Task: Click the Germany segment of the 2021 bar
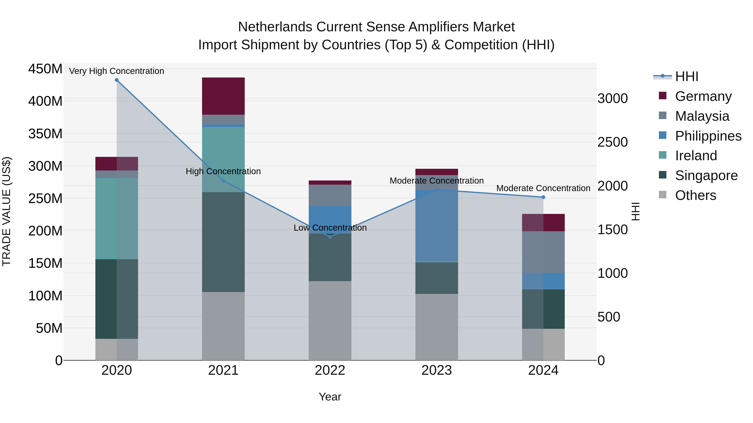pos(223,96)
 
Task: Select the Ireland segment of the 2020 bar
pos(117,218)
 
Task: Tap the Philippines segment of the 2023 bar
pos(437,226)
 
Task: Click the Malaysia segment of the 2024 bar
pos(543,252)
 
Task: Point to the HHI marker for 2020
pos(117,80)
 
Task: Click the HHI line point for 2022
pos(330,237)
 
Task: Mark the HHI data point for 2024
pos(543,197)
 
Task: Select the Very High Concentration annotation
pos(117,71)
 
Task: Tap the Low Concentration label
pos(330,228)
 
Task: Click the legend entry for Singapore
pos(706,175)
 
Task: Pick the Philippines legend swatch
pos(663,135)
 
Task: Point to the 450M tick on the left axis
pos(45,69)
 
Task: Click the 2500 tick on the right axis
pos(612,142)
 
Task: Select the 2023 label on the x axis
pos(437,370)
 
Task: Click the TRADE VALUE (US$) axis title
pos(6,211)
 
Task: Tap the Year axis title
pos(330,397)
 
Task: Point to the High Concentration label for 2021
pos(223,171)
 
